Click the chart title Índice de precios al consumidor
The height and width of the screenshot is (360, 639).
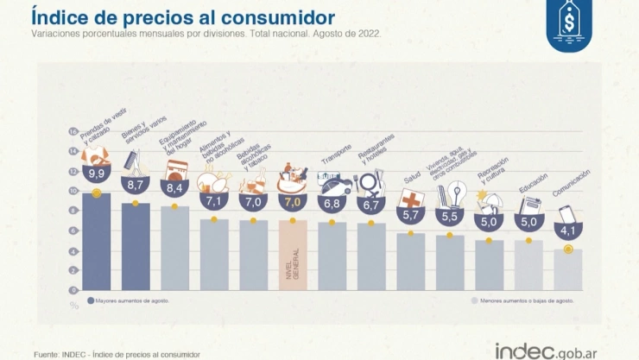(183, 16)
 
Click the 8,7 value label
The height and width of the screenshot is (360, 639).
(135, 185)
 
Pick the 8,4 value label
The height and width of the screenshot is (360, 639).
(174, 187)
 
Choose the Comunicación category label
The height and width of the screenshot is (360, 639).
(572, 186)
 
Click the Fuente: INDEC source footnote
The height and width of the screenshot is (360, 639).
(117, 354)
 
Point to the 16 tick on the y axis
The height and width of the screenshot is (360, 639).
(73, 131)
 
